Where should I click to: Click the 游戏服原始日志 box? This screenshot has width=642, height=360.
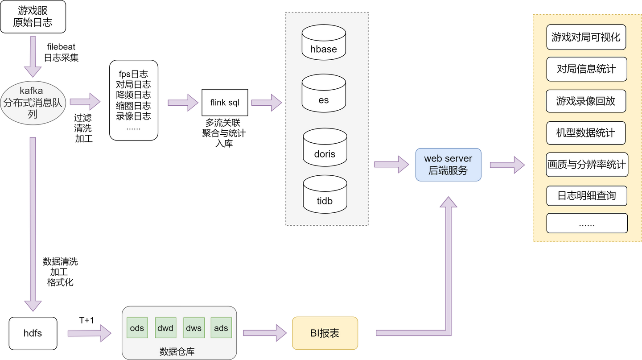pos(33,17)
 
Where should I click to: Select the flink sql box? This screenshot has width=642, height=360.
pos(225,103)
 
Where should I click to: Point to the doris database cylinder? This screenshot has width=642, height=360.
pos(325,147)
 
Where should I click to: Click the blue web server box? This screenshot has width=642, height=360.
pos(448,164)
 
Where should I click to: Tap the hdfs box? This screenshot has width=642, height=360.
pos(33,333)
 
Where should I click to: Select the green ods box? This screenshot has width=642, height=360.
pos(137,328)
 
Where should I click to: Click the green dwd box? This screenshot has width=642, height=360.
pos(165,328)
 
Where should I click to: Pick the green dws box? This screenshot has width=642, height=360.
pos(193,328)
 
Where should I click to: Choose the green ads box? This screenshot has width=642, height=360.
pos(221,328)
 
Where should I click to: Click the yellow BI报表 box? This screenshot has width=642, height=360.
pos(325,333)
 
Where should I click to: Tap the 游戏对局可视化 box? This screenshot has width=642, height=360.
pos(586,37)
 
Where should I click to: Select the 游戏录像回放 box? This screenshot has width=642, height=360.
pos(586,101)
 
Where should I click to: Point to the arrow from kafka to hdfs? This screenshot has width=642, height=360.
pos(33,223)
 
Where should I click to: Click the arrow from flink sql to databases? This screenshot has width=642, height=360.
pos(266,103)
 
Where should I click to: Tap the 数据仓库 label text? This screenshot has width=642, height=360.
pos(177,352)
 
